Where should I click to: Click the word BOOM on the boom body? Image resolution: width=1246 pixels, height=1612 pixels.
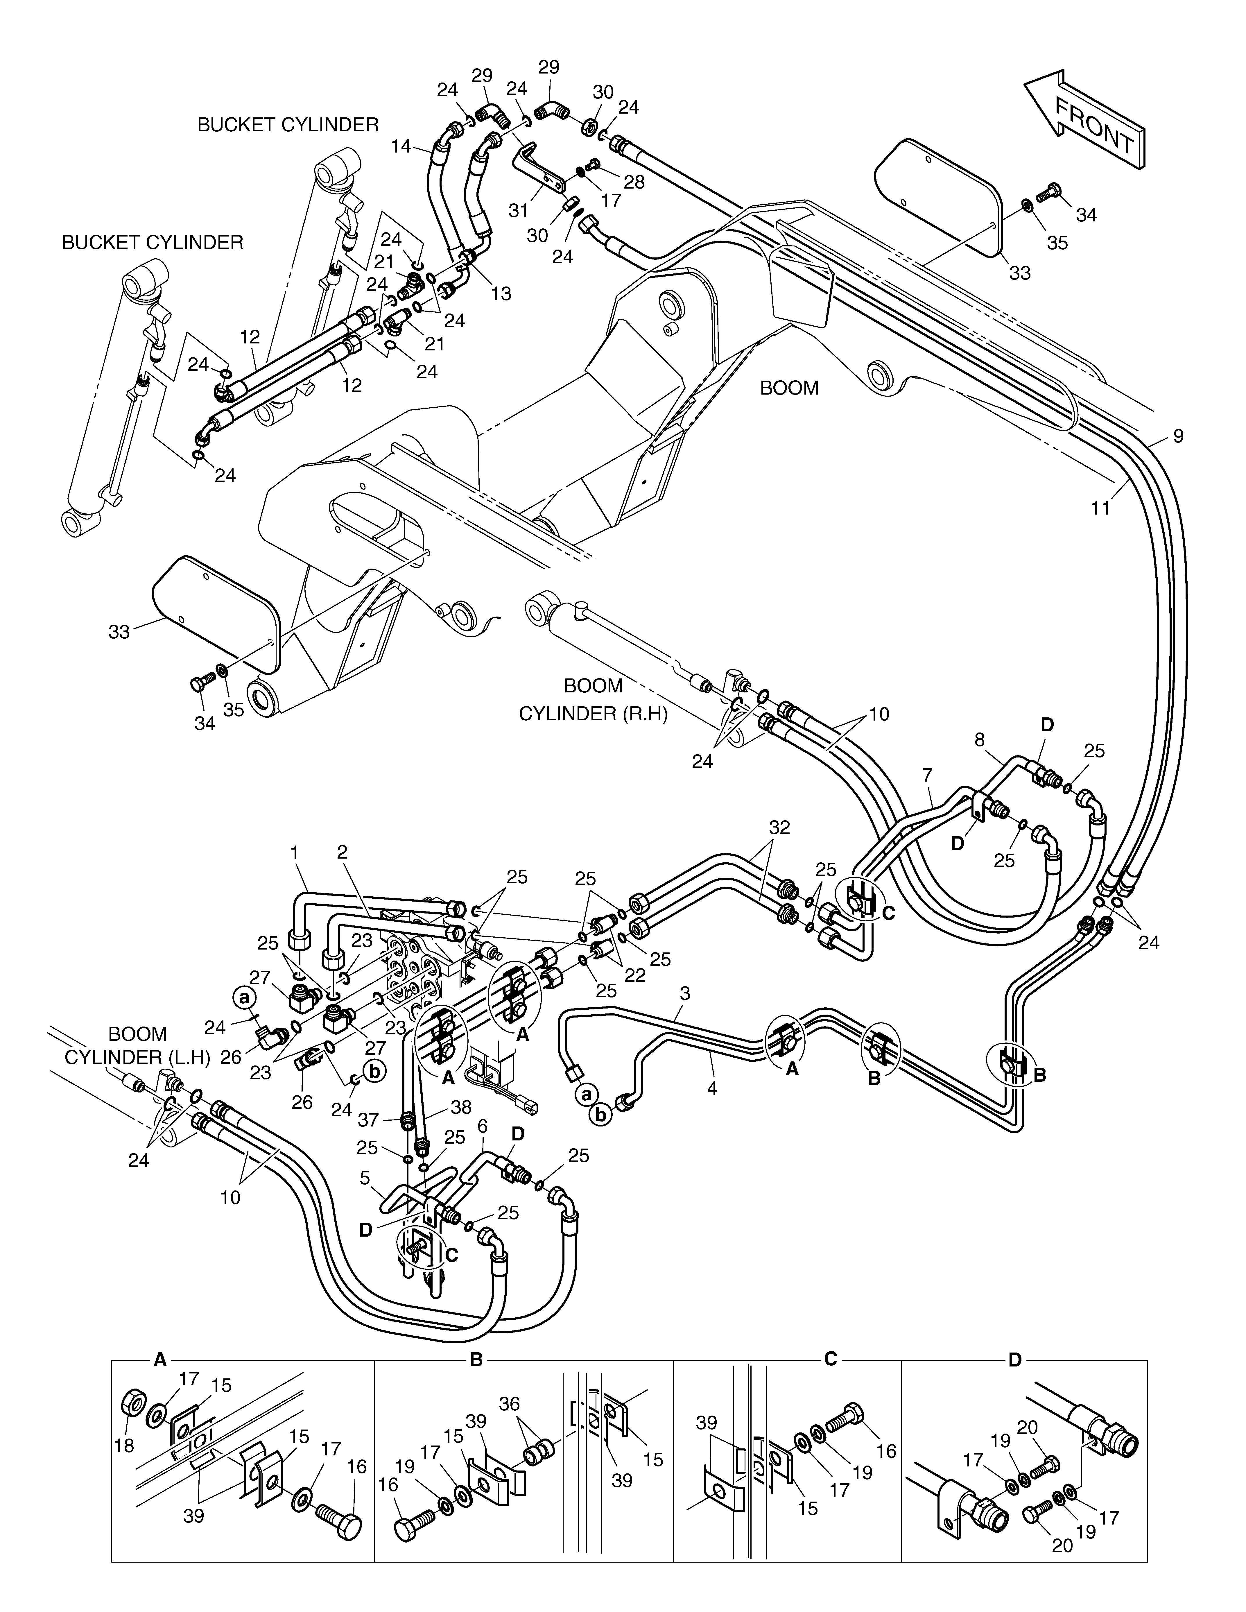point(789,388)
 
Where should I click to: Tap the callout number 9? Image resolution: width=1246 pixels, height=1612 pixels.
point(1178,436)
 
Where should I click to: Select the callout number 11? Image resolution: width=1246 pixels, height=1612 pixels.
point(1100,508)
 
